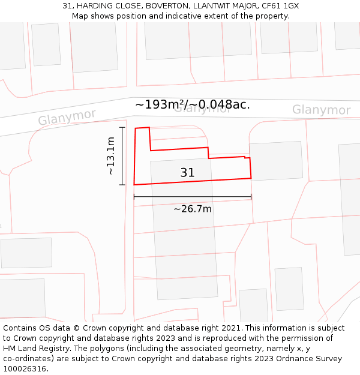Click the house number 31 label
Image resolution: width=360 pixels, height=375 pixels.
[x=187, y=173]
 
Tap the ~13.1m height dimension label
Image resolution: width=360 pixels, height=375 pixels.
[x=110, y=156]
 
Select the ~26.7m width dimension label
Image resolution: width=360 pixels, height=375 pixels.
[x=192, y=209]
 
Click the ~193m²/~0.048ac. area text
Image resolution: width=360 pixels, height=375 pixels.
[x=192, y=104]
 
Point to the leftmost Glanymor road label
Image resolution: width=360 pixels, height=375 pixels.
[x=67, y=117]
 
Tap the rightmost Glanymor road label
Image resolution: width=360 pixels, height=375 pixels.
[x=321, y=110]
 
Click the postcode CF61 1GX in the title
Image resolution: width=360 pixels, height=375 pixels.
[x=282, y=6]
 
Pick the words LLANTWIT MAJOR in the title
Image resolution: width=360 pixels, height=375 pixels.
[x=230, y=6]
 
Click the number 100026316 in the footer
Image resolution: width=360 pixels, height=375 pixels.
[x=25, y=369]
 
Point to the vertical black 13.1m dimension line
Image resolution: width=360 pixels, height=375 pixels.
[x=122, y=156]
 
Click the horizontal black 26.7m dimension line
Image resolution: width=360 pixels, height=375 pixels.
[x=192, y=197]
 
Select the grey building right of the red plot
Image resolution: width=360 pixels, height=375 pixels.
[x=276, y=161]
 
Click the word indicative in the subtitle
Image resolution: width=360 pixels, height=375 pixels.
[x=184, y=16]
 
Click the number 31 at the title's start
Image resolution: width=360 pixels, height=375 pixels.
[x=67, y=6]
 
